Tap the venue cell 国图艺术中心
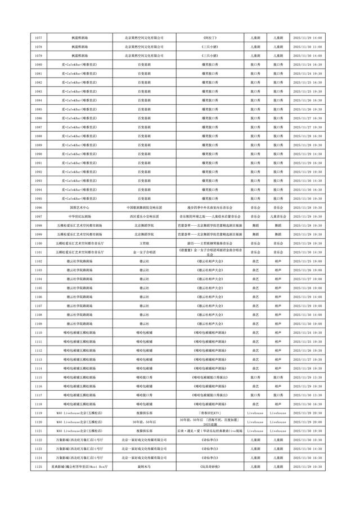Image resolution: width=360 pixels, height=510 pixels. point(75,207)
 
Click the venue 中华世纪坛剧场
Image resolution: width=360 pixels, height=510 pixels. point(75,216)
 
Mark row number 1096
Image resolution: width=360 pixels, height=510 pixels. point(38,207)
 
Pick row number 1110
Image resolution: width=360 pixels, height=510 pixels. point(38,333)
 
